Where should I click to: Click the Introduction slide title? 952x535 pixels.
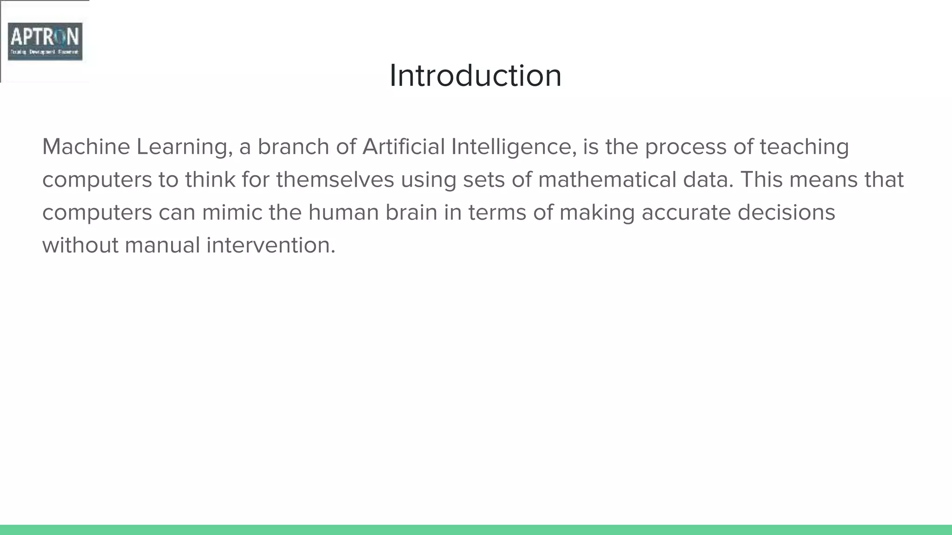pos(476,75)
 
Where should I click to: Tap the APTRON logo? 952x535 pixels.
pos(45,41)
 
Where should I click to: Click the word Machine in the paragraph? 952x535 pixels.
pos(86,147)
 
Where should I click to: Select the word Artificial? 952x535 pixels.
pos(403,147)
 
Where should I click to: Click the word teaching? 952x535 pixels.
pos(804,148)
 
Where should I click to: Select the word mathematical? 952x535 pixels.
pos(607,180)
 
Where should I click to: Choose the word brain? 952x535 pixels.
pos(411,213)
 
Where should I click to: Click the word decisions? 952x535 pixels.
pos(786,213)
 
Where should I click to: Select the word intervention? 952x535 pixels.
pos(271,245)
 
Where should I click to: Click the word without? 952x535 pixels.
pos(80,245)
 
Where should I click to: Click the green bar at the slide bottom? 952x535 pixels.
pos(476,530)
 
